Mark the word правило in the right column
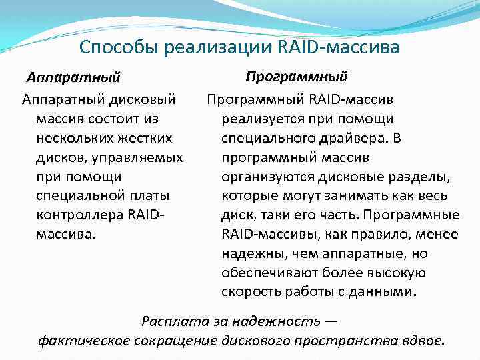(382, 235)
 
